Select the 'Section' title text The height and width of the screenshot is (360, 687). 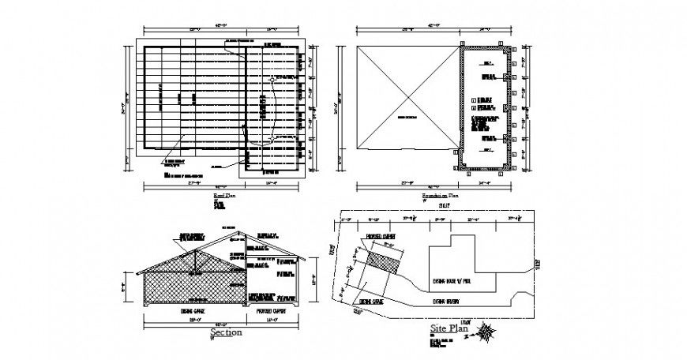point(226,333)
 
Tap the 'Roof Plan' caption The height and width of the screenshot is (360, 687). point(225,193)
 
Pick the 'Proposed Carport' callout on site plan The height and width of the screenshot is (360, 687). point(381,236)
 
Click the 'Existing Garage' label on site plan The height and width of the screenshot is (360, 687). point(372,301)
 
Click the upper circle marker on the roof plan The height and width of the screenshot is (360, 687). point(272,80)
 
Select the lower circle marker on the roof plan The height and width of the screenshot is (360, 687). point(272,139)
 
